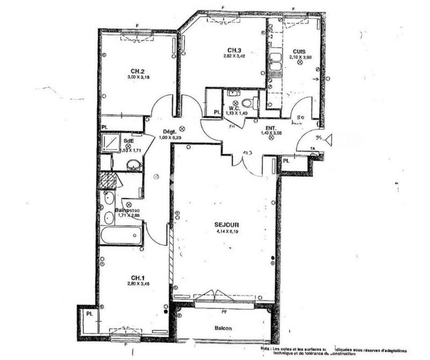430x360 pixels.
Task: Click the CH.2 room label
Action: coord(137,71)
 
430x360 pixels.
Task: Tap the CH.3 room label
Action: coord(233,49)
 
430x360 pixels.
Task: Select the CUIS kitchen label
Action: coord(299,51)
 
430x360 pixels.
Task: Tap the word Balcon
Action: coord(223,328)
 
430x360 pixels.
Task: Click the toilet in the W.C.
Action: coord(248,103)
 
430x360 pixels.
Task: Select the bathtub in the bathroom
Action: coord(121,235)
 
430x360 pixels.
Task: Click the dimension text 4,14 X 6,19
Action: coord(225,233)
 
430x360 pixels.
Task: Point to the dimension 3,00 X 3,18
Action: coord(137,77)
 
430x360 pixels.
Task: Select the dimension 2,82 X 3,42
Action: coord(233,55)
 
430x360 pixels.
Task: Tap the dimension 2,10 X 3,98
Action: coord(299,57)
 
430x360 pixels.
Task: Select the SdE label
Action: coord(128,141)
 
